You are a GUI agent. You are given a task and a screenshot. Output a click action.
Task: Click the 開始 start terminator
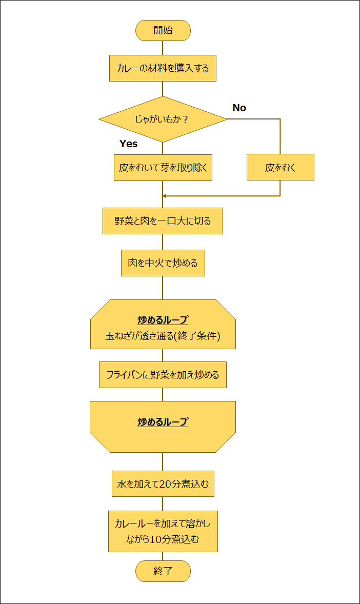click(163, 30)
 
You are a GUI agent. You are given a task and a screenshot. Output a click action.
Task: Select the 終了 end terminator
click(163, 571)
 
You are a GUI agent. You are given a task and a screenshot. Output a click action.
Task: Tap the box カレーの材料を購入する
click(163, 68)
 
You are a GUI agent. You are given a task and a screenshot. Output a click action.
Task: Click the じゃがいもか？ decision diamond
click(163, 119)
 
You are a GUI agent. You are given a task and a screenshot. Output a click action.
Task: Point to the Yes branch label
click(128, 144)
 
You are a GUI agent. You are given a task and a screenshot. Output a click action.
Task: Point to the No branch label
click(239, 108)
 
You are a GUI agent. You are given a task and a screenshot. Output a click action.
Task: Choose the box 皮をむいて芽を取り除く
click(163, 168)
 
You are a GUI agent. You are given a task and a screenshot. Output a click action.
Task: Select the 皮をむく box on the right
click(280, 168)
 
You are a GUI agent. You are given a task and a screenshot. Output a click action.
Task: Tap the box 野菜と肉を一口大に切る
click(163, 221)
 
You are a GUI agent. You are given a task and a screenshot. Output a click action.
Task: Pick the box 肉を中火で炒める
click(163, 263)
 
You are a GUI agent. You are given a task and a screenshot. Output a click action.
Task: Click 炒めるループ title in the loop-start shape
click(163, 320)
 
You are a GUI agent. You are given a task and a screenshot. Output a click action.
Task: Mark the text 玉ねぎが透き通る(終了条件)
click(163, 336)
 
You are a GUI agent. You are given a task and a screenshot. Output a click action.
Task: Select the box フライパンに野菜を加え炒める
click(163, 375)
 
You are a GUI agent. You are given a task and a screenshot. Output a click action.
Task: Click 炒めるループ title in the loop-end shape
click(163, 422)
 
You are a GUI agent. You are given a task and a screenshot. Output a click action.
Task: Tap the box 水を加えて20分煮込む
click(163, 484)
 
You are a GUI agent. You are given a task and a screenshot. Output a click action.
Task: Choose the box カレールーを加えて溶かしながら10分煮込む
click(163, 531)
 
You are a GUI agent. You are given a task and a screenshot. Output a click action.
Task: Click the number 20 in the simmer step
click(165, 484)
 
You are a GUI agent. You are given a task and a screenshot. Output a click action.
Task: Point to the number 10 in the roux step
click(156, 539)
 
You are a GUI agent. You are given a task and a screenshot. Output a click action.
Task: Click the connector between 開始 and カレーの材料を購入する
click(163, 48)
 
